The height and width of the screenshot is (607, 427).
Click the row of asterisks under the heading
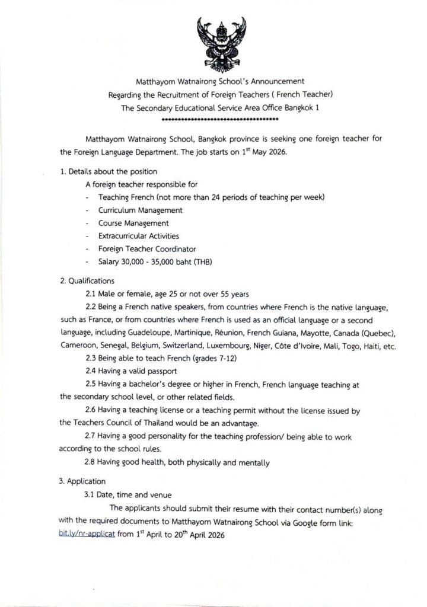[x=220, y=119]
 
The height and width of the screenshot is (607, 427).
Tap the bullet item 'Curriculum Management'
[x=141, y=210]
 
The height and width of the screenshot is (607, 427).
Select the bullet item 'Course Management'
[x=133, y=223]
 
